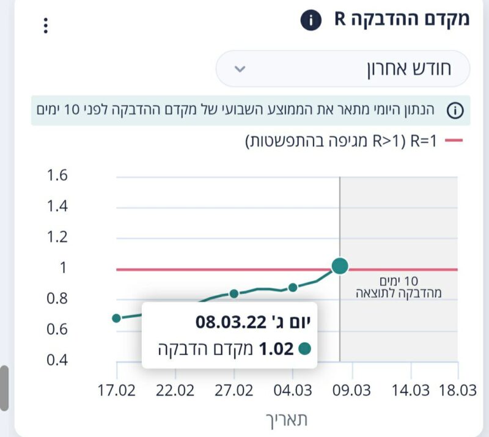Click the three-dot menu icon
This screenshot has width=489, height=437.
pyautogui.click(x=45, y=26)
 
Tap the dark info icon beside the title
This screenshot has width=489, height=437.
pyautogui.click(x=311, y=21)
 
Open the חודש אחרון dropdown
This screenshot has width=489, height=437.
pyautogui.click(x=342, y=68)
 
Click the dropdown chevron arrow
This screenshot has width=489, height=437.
pyautogui.click(x=240, y=68)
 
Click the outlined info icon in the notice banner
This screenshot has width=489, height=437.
pyautogui.click(x=455, y=111)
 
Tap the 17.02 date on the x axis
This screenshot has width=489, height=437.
pyautogui.click(x=115, y=390)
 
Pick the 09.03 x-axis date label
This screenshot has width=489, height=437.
pyautogui.click(x=351, y=390)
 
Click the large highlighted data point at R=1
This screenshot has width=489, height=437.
pyautogui.click(x=340, y=266)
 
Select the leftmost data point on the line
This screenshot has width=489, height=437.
pyautogui.click(x=117, y=318)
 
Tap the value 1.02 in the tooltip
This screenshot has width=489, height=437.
pyautogui.click(x=276, y=349)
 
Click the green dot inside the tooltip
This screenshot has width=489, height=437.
pyautogui.click(x=304, y=349)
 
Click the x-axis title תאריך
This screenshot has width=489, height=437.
pyautogui.click(x=287, y=419)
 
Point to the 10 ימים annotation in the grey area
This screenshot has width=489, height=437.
pyautogui.click(x=398, y=282)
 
